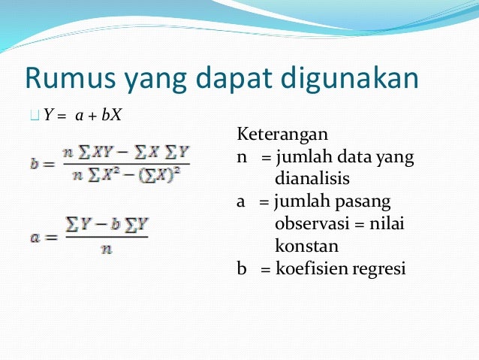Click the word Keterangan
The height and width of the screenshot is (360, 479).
283,136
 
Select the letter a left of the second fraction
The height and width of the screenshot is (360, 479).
35,237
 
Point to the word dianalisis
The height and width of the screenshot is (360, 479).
312,180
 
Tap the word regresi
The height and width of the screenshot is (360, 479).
382,268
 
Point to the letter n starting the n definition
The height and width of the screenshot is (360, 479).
241,159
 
